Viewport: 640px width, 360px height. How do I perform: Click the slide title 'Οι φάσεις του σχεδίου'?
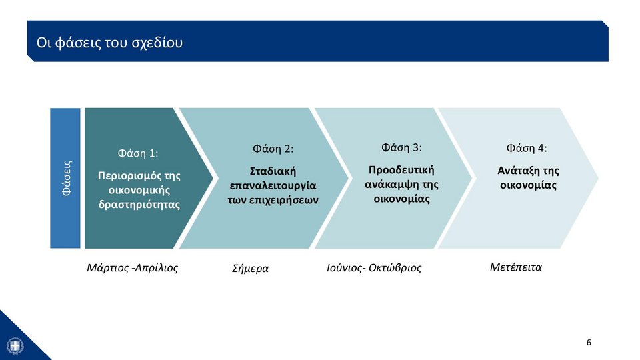coord(109,43)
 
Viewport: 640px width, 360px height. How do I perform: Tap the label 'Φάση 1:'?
coord(138,153)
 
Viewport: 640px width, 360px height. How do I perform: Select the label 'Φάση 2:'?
coord(273,149)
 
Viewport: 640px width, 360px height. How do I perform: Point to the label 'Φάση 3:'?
coord(401,147)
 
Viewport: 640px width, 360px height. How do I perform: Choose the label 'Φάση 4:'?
coord(527,148)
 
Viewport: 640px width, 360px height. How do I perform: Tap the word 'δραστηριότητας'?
coord(139,205)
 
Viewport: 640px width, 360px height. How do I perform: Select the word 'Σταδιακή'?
coord(273,171)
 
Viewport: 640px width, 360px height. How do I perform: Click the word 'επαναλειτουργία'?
coord(273,186)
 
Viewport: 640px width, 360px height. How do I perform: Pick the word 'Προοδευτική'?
coord(401,170)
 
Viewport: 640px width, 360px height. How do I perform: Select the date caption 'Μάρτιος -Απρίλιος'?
coord(132,268)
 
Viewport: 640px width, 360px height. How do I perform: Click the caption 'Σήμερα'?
coord(250,269)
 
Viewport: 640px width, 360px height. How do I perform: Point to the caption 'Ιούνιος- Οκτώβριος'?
coord(374,268)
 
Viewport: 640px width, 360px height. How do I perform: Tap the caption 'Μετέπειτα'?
coord(516,267)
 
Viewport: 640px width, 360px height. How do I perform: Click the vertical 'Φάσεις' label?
coord(67,179)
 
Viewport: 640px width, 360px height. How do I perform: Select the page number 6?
coord(589,343)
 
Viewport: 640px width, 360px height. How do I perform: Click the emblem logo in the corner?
coord(15,346)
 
